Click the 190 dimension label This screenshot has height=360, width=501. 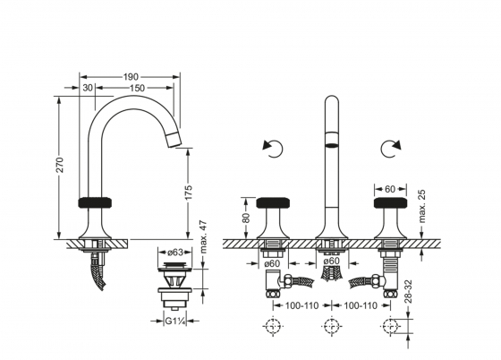pos(131,77)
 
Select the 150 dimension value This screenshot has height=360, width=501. pos(137,88)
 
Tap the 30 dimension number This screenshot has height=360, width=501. pos(88,88)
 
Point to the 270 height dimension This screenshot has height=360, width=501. pos(60,165)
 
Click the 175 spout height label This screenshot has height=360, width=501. pos(189,193)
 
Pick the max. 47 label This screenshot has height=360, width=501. pos(203,237)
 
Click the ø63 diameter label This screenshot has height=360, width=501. pos(175,253)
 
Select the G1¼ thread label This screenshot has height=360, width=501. pos(175,321)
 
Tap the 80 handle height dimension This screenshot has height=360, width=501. pos(246,218)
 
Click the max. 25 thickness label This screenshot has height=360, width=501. pos(422,206)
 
